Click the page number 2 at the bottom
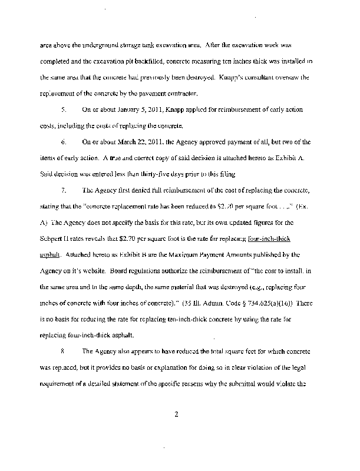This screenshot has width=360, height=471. tap(176, 416)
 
